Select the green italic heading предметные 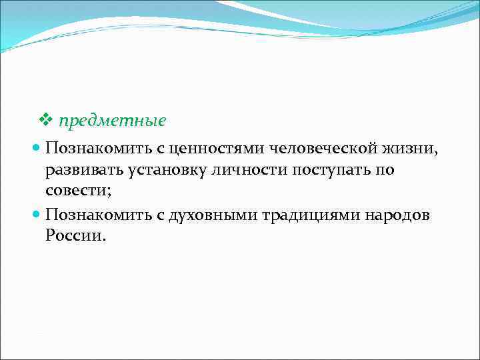click(x=112, y=122)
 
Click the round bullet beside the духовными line click(x=38, y=215)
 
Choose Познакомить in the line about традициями click(x=91, y=215)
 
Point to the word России click(x=73, y=237)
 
